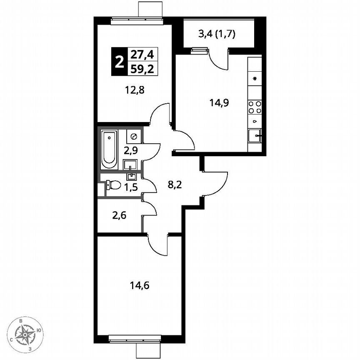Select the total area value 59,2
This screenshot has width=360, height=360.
[x=142, y=69]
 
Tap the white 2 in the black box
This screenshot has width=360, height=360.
[x=119, y=62]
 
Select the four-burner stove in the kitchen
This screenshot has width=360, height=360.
[x=255, y=107]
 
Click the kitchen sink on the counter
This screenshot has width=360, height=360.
[x=255, y=135]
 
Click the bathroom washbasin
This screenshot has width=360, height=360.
[x=130, y=164]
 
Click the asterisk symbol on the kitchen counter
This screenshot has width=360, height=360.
[x=255, y=78]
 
